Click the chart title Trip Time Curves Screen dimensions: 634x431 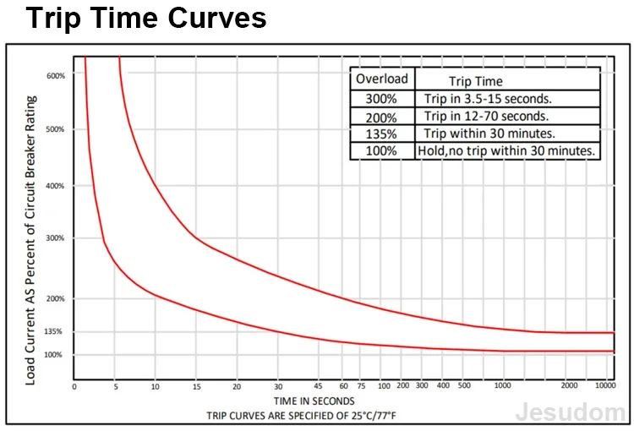tap(146, 19)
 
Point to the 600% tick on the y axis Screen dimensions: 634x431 tap(56, 76)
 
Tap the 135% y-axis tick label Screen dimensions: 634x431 tap(53, 331)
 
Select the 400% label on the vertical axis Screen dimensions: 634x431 tap(55, 186)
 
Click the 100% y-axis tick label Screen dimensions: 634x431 tap(53, 355)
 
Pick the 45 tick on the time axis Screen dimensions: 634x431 tap(318, 386)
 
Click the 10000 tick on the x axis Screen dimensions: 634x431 tap(605, 385)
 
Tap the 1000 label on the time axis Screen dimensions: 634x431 tap(503, 385)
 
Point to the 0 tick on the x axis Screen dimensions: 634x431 tap(74, 387)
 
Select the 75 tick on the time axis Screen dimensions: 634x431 tap(361, 386)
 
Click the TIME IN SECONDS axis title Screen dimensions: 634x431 tap(314, 401)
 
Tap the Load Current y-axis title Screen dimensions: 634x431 tap(30, 241)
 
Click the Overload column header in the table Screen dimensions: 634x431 tap(382, 79)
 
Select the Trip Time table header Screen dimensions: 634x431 tap(476, 81)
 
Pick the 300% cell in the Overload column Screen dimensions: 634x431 tap(381, 99)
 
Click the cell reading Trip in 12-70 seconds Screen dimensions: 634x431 tap(486, 117)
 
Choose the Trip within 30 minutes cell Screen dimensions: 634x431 tap(489, 134)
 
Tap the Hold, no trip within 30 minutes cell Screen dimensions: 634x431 tap(506, 150)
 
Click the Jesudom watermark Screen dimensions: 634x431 tap(571, 412)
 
